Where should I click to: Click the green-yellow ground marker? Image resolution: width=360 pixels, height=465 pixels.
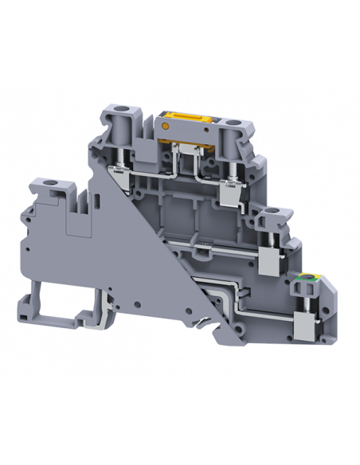[x=303, y=278]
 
